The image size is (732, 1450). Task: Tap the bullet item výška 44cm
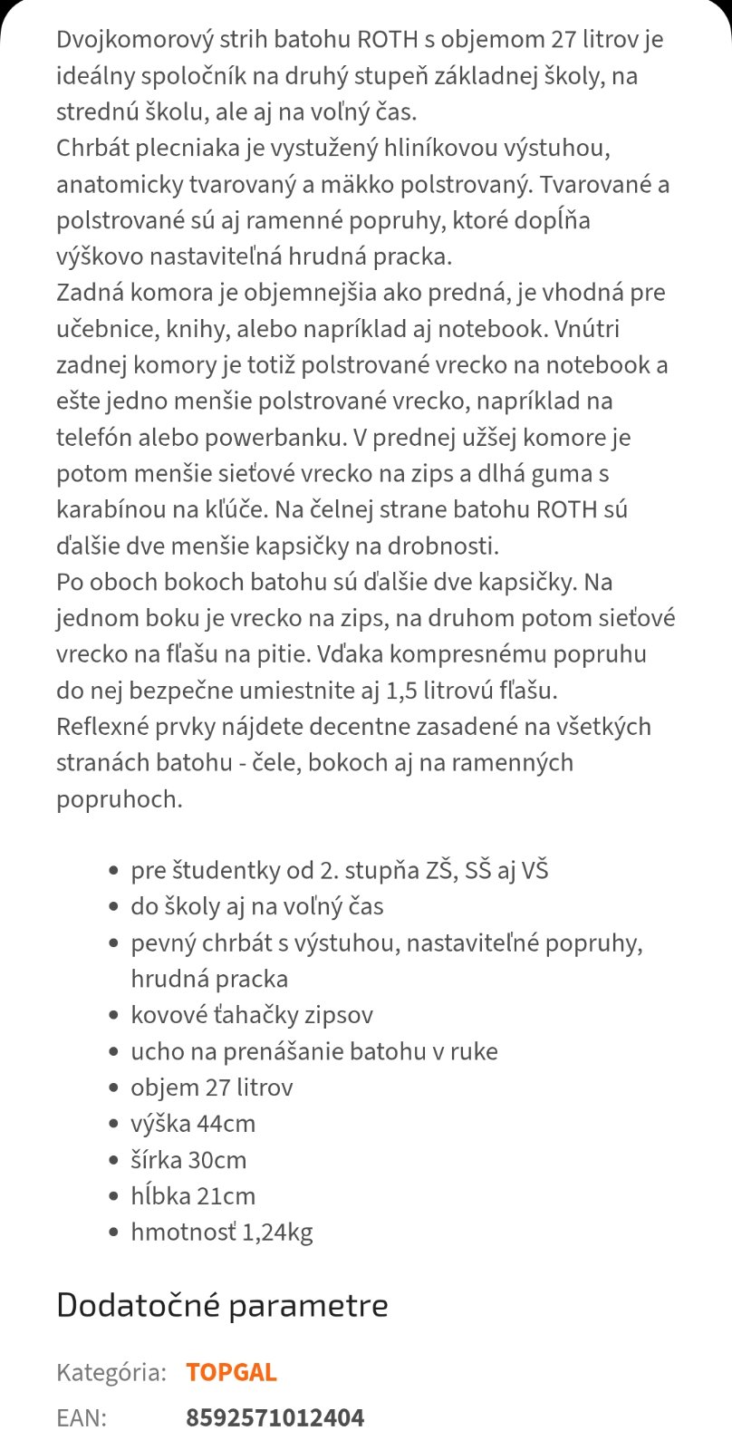[193, 1124]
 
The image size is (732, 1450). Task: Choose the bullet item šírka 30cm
[188, 1160]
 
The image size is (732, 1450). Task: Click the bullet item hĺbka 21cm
[193, 1196]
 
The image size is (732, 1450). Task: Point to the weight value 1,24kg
[277, 1232]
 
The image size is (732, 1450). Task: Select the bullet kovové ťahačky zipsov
[252, 1015]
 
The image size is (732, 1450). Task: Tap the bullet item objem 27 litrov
[212, 1087]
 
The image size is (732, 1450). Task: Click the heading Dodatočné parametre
[222, 1306]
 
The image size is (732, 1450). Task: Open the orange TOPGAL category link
[231, 1372]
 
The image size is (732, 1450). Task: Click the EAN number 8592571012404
[274, 1417]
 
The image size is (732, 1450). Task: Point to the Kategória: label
[111, 1372]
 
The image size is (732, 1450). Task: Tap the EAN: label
[82, 1417]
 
